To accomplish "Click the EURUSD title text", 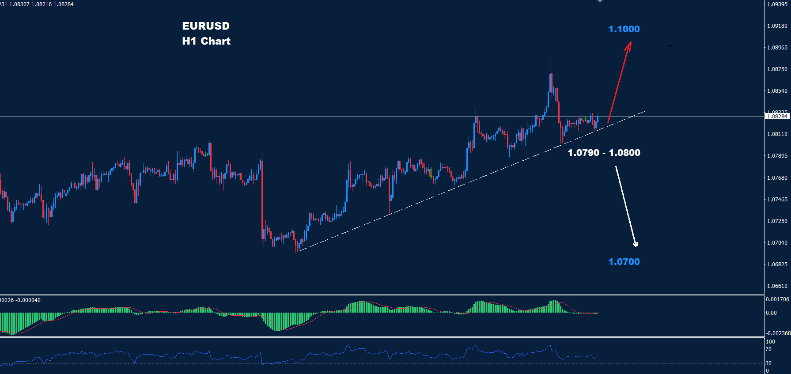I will [206, 26].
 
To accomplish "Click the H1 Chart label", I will [206, 41].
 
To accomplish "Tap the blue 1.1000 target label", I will [624, 29].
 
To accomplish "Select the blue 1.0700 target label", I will [624, 262].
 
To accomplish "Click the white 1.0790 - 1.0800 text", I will [604, 153].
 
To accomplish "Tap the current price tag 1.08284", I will [777, 117].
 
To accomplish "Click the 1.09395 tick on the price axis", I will [777, 4].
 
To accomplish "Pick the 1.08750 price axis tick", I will [777, 69].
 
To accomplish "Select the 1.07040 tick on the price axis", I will [777, 243].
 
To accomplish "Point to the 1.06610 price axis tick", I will [777, 286].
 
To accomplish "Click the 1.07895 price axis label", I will [777, 156].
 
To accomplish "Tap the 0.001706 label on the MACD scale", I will [777, 299].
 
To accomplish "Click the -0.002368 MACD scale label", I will [778, 333].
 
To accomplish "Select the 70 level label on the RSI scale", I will [768, 349].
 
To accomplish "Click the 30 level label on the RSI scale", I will [768, 363].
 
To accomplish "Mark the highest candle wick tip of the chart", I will [550, 57].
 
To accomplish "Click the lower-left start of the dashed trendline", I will [299, 251].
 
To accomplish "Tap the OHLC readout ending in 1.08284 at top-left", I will [37, 4].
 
